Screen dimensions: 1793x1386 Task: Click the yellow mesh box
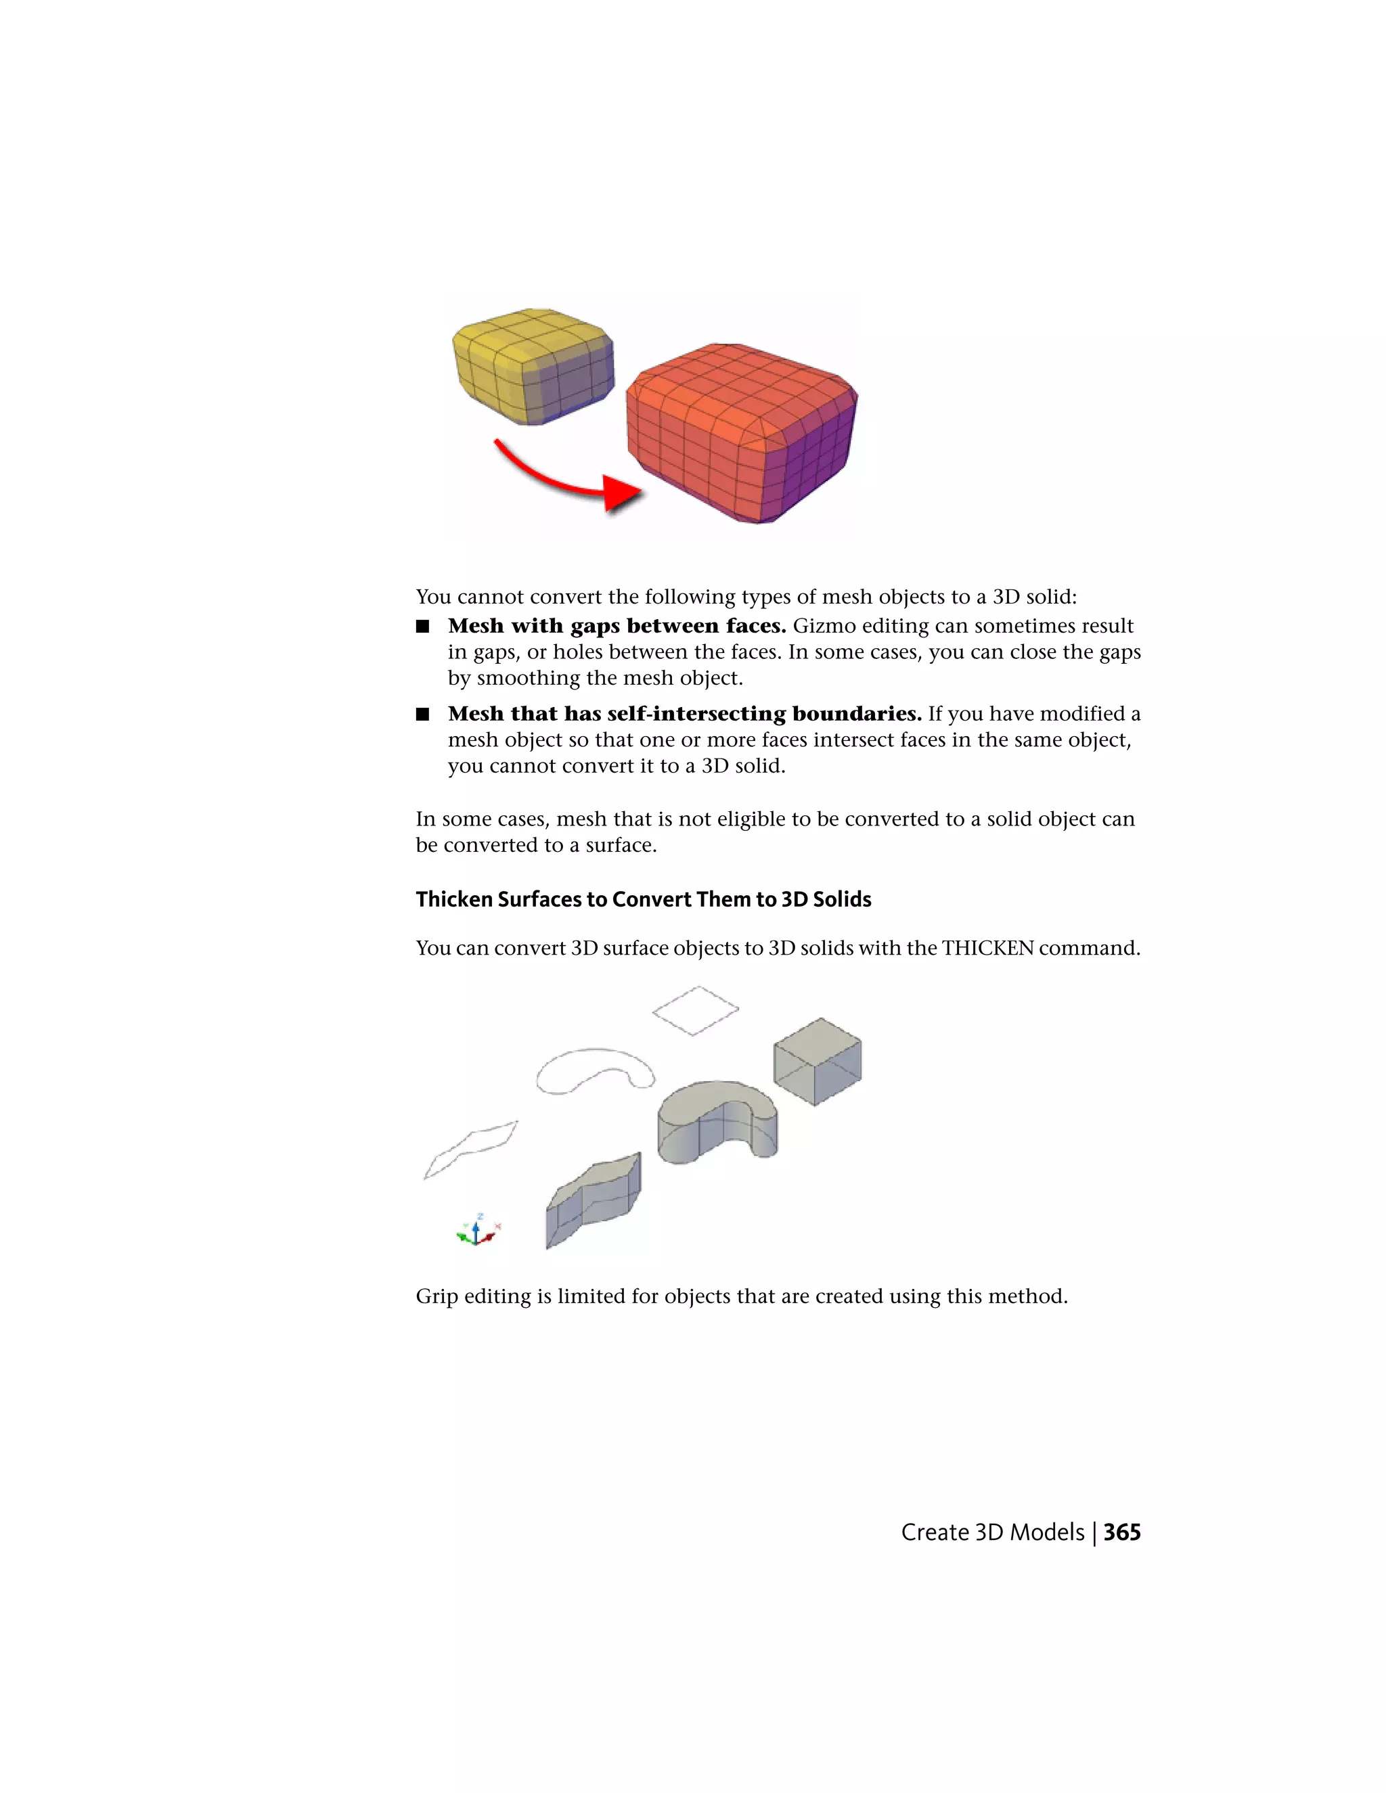532,365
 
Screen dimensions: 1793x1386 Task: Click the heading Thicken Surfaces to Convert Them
643,899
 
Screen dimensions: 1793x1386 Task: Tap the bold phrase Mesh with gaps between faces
617,627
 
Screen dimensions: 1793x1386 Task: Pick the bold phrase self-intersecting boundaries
763,714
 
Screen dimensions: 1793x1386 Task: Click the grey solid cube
817,1062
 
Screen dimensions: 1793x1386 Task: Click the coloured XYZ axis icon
477,1231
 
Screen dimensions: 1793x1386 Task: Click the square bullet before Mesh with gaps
423,627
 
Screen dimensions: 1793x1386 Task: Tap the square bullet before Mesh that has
423,714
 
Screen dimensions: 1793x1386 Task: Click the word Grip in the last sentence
436,1296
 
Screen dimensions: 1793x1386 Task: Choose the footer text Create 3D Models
992,1532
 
